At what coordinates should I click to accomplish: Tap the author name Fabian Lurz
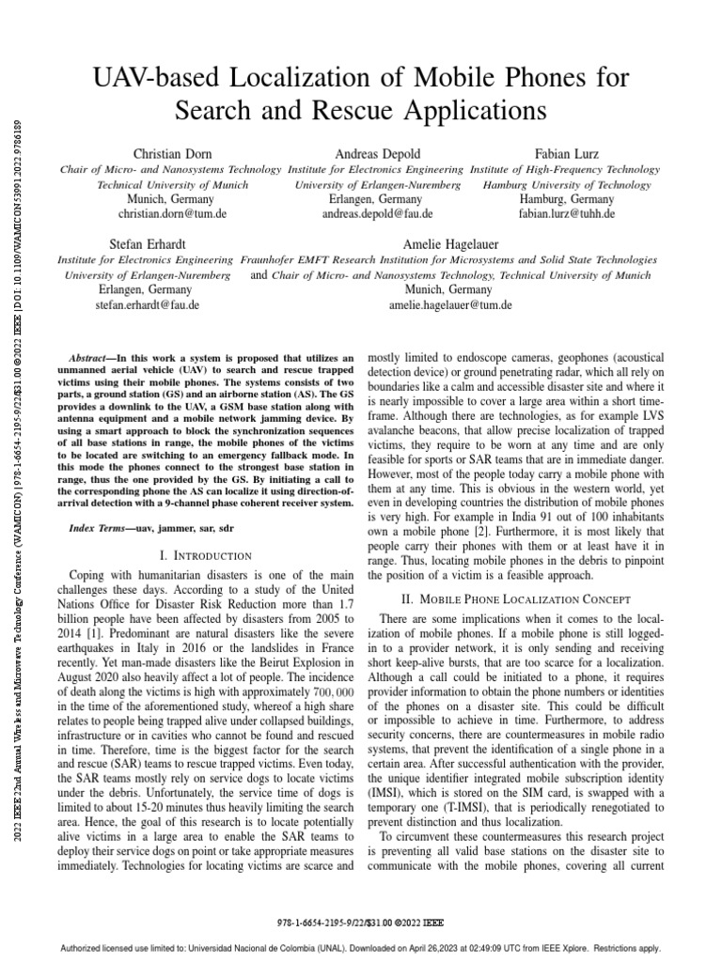pos(567,153)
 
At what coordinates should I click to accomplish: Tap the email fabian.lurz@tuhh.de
pos(567,214)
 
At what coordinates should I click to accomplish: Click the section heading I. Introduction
pos(205,556)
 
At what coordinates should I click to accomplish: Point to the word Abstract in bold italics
pos(92,359)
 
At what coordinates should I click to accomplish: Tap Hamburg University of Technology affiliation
pos(567,185)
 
